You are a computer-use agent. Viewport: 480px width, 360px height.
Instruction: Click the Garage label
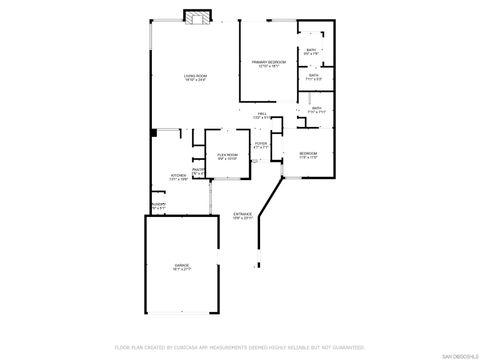[x=183, y=264]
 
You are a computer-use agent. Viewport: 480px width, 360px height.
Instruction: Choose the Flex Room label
[x=227, y=154]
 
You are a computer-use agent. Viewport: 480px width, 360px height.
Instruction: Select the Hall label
[x=261, y=114]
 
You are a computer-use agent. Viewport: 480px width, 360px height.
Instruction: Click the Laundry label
[x=158, y=204]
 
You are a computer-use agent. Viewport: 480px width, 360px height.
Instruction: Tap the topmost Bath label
[x=313, y=50]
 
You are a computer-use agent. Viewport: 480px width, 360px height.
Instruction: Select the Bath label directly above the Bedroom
[x=316, y=108]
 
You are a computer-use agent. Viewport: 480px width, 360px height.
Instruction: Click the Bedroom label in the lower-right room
[x=308, y=153]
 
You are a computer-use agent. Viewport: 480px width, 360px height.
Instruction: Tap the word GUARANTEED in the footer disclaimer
[x=346, y=347]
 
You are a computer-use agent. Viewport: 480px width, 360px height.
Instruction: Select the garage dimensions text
[x=183, y=269]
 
